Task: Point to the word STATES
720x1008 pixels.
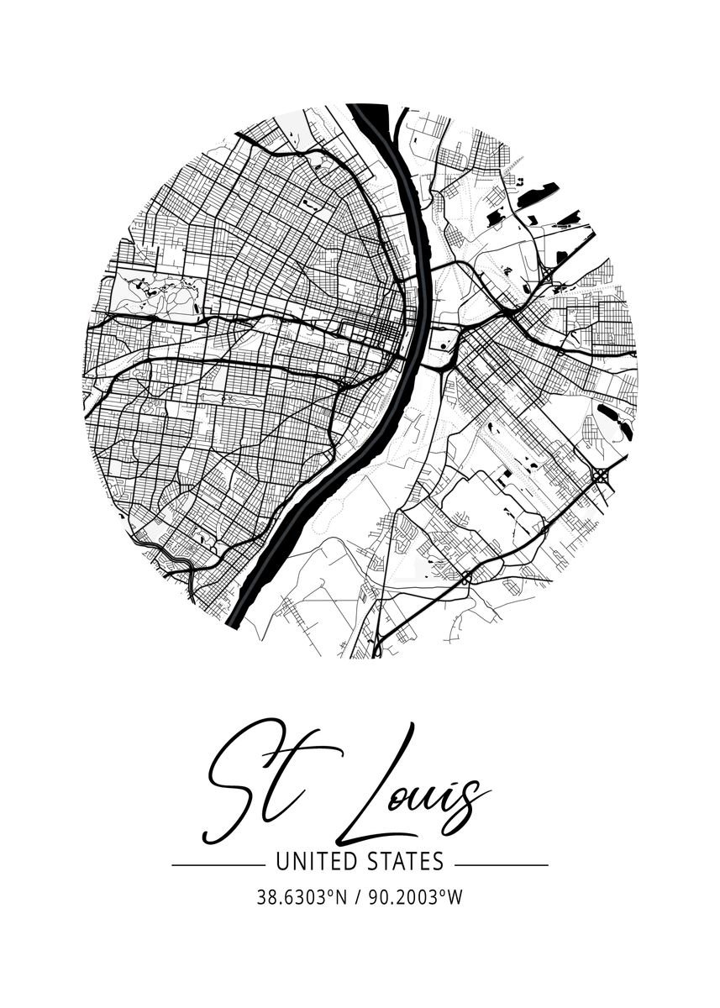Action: (x=403, y=862)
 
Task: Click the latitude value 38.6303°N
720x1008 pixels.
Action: (x=303, y=897)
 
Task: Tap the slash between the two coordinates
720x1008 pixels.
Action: (x=359, y=897)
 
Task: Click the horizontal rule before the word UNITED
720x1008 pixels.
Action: (x=218, y=864)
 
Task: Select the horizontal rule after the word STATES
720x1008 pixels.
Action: (x=502, y=864)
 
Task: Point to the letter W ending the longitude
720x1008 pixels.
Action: (x=455, y=897)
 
